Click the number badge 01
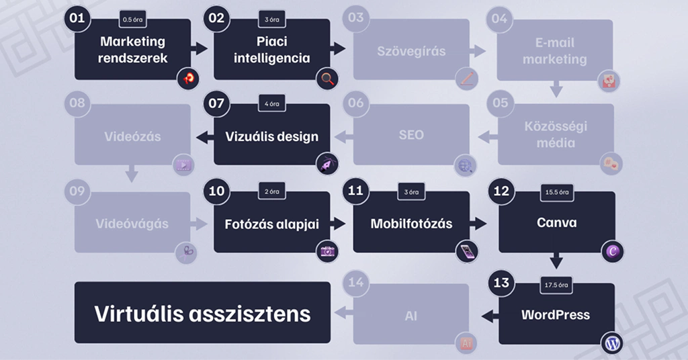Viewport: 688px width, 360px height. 77,18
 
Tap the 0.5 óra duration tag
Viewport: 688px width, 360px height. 132,19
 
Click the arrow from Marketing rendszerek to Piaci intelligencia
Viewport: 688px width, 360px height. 200,48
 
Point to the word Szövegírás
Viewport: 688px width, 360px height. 411,51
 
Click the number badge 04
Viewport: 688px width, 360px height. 499,18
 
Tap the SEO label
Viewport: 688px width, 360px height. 411,135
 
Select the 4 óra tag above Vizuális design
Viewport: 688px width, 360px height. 271,104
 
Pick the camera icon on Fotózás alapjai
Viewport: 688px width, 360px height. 327,252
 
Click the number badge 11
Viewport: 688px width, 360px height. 355,191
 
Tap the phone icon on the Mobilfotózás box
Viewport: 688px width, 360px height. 466,252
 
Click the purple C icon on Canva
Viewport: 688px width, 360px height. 612,252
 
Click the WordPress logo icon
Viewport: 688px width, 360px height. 612,343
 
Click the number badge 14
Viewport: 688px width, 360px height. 355,282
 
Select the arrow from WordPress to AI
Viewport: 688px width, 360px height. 489,314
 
